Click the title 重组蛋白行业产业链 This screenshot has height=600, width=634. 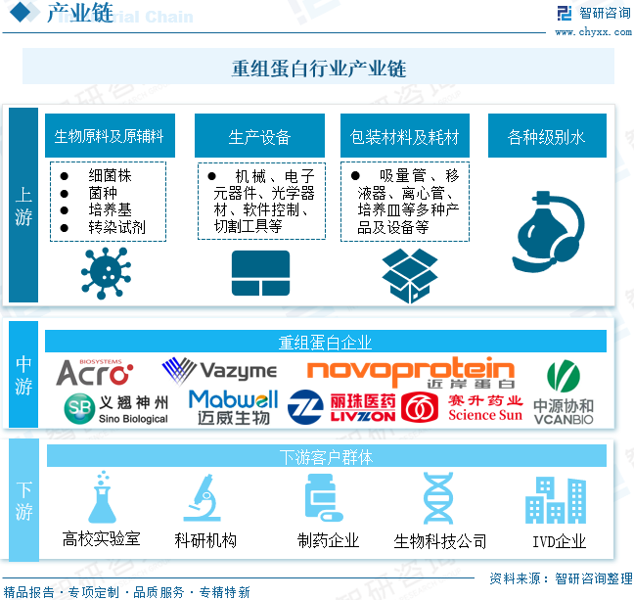click(x=318, y=69)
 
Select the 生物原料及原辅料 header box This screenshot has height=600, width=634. click(x=110, y=136)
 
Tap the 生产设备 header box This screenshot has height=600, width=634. click(x=259, y=136)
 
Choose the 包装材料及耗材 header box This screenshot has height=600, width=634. click(x=404, y=136)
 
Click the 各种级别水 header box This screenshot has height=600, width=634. click(x=546, y=136)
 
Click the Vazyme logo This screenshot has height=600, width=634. click(x=219, y=371)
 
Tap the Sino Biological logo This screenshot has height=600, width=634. click(x=115, y=408)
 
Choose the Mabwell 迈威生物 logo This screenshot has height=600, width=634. click(x=233, y=407)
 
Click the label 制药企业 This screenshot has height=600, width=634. click(x=328, y=540)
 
